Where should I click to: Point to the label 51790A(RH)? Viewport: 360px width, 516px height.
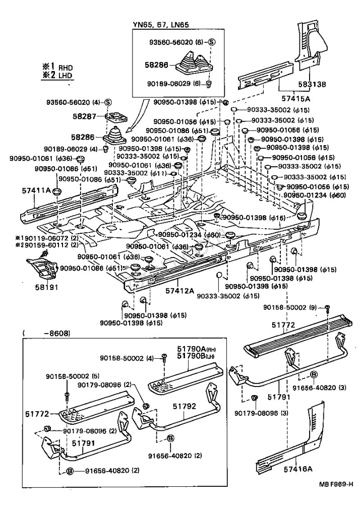coord(198,348)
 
